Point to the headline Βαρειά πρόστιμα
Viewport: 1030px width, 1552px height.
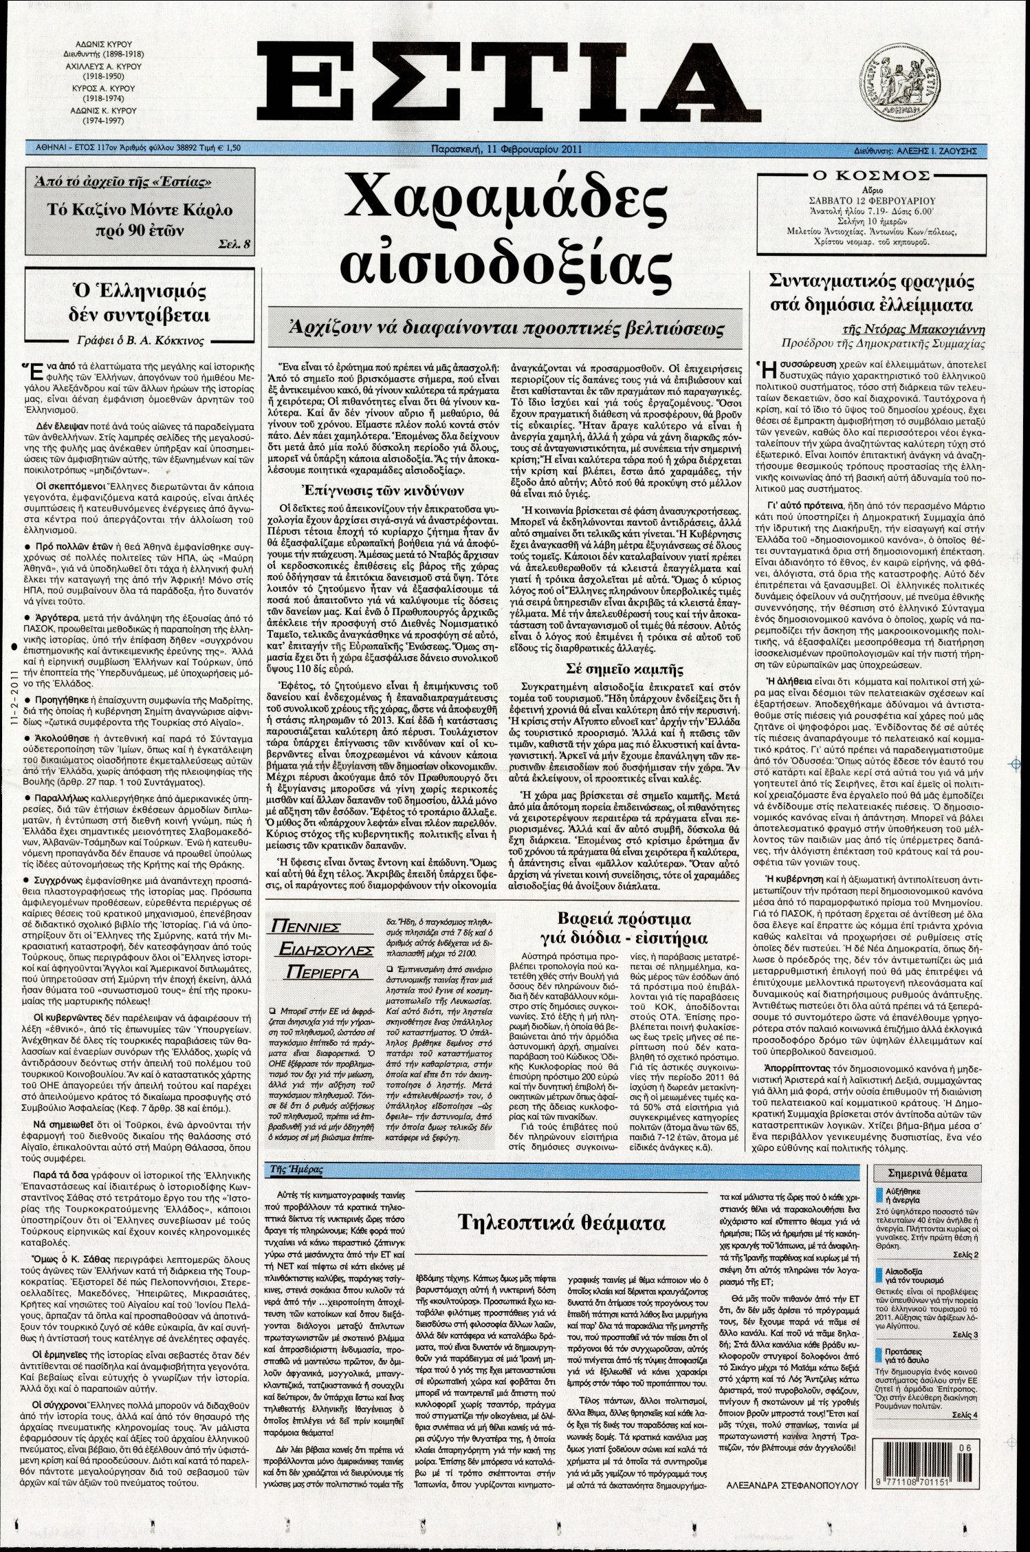pyautogui.click(x=624, y=919)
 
